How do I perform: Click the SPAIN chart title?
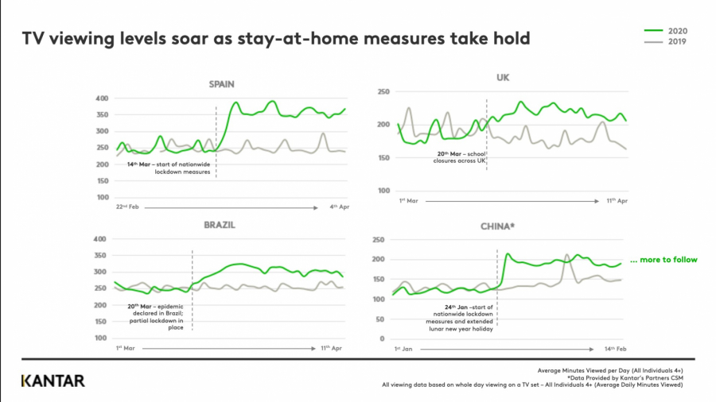226,84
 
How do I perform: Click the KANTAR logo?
53,381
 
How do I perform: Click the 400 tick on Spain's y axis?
101,99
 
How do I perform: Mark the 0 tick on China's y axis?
383,338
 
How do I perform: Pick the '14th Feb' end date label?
605,350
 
